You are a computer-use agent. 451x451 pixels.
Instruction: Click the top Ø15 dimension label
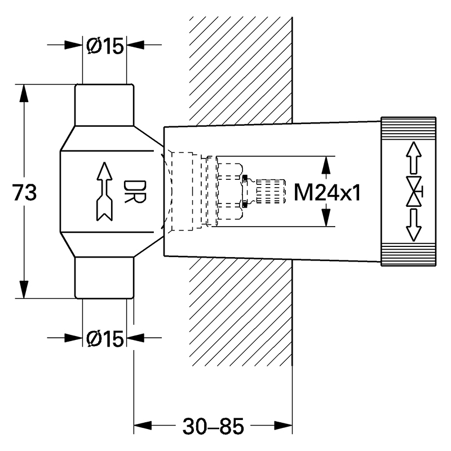tap(105, 46)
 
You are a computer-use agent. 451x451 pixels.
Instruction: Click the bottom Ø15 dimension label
tap(105, 339)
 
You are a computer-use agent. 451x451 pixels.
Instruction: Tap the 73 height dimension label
tap(25, 192)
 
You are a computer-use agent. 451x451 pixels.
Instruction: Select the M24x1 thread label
tap(327, 192)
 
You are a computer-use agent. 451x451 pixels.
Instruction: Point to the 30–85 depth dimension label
tap(213, 426)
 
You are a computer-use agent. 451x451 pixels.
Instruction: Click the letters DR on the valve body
tap(135, 192)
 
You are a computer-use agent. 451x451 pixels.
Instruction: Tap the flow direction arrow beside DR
tap(104, 192)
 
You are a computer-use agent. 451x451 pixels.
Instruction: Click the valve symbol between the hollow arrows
tap(415, 191)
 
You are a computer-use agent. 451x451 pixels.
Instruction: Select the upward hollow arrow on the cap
tap(414, 158)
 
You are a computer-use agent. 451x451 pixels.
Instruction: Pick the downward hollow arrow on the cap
tap(414, 225)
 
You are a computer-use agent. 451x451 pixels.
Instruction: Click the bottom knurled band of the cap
tap(408, 255)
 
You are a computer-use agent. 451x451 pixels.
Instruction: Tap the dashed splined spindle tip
tap(271, 191)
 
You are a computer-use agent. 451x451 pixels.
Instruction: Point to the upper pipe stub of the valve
tap(104, 105)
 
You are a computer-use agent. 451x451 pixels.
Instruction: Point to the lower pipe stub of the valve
tap(104, 277)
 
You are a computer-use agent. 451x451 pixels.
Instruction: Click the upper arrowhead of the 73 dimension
tap(24, 93)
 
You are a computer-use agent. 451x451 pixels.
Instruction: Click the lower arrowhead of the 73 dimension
tap(24, 289)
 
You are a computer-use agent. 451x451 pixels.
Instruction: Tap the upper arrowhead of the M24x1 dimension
tap(326, 165)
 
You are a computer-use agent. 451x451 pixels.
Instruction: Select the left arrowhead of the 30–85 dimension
tap(143, 426)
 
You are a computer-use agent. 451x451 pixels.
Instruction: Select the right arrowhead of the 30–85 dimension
tap(284, 426)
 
